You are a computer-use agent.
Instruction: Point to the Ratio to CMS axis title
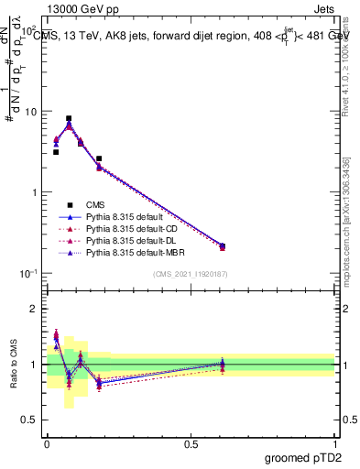[13, 364]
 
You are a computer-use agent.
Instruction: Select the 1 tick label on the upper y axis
[34, 192]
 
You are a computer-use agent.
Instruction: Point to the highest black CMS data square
[69, 118]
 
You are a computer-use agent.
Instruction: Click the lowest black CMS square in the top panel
[223, 245]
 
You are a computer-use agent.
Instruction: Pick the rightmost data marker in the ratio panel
[223, 365]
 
